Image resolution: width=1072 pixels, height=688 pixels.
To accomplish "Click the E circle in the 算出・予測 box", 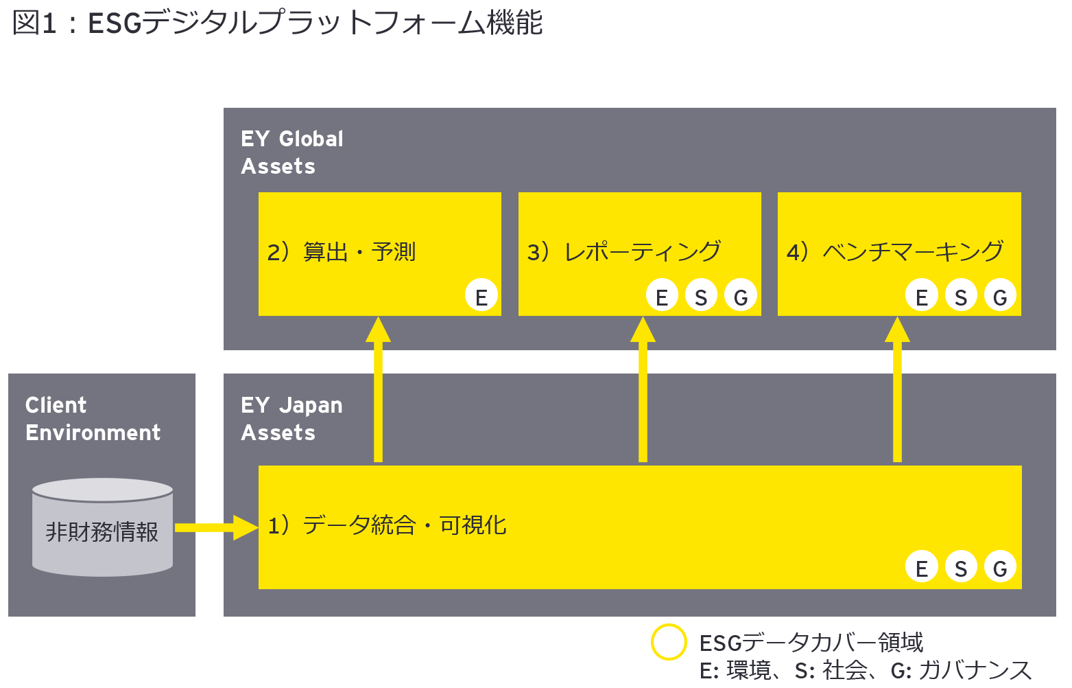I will point(481,297).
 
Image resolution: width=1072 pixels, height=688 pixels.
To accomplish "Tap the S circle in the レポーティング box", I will point(701,297).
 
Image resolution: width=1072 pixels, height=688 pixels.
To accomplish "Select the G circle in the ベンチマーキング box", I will point(1000,297).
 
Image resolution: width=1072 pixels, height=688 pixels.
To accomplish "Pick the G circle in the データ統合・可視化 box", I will point(1000,568).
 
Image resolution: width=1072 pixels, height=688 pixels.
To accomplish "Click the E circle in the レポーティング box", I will point(662,297).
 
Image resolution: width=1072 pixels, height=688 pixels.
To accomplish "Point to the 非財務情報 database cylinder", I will point(102,528).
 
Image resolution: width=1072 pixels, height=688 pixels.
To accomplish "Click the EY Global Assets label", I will point(291,152).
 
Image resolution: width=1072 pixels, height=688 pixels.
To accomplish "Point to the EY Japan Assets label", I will point(291,419).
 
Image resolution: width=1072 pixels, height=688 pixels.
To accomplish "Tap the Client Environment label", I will point(93,419).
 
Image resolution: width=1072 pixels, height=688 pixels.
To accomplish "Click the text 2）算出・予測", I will point(342,252).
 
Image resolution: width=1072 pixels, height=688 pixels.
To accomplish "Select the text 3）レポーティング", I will point(624,252).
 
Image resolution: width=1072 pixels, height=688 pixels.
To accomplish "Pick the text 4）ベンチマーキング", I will point(895,252).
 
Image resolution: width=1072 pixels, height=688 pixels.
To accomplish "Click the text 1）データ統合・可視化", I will point(387,525).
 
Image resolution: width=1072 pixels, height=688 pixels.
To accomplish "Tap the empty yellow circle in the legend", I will point(669,642).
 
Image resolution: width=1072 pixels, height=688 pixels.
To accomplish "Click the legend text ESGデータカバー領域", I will point(811,643).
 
